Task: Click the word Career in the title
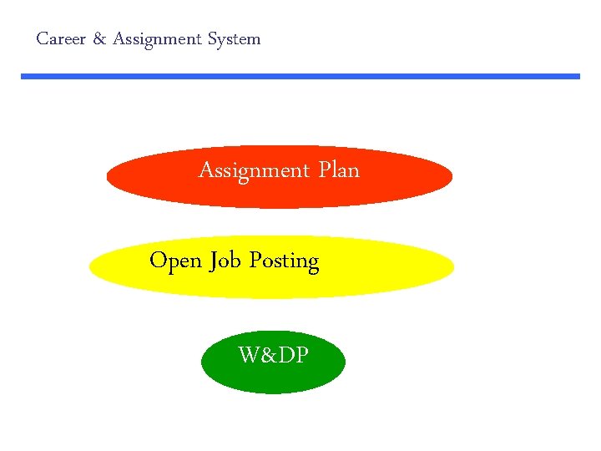(x=60, y=39)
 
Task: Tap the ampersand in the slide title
(x=98, y=39)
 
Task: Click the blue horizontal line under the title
(x=300, y=76)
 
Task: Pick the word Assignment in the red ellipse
(x=254, y=171)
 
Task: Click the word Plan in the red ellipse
(x=339, y=170)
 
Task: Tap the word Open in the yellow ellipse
(x=175, y=261)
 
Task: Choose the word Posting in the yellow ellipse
(x=284, y=261)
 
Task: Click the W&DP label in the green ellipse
(x=274, y=356)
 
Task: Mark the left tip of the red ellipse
(x=109, y=176)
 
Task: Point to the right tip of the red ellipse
(x=451, y=176)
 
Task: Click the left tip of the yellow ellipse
(x=91, y=267)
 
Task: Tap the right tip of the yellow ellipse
(x=452, y=267)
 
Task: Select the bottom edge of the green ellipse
(x=273, y=392)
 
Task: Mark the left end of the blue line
(x=23, y=76)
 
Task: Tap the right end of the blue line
(x=578, y=76)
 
